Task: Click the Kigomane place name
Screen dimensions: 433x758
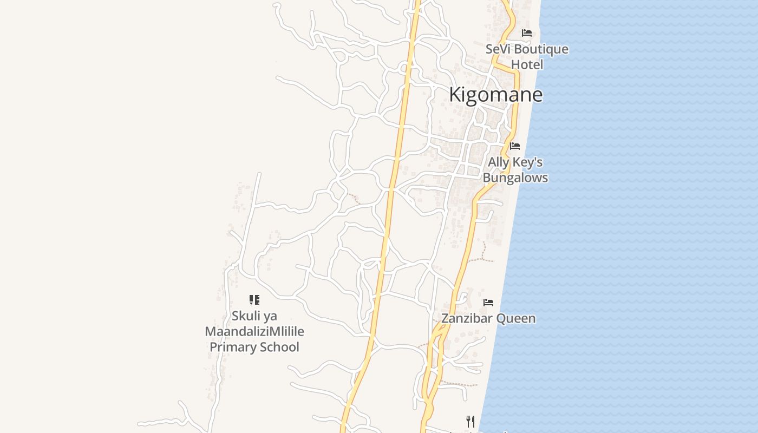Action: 495,95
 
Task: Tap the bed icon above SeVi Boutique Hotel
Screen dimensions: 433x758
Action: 527,33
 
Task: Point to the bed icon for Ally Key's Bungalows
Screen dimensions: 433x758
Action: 515,146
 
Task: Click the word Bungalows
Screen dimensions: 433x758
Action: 515,178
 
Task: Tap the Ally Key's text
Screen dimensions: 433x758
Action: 515,162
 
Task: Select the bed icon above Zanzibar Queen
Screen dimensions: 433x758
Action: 488,303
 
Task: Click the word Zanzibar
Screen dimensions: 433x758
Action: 467,318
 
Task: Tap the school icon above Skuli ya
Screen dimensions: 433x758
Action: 254,300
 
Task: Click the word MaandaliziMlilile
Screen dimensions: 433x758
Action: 254,331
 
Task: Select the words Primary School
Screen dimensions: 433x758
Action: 254,347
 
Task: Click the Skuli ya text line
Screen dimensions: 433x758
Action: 254,316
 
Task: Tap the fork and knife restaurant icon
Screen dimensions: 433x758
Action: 471,421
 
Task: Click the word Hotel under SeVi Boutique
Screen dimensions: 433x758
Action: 527,64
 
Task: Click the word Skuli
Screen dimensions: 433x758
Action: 245,316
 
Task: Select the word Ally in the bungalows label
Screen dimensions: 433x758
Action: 499,162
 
